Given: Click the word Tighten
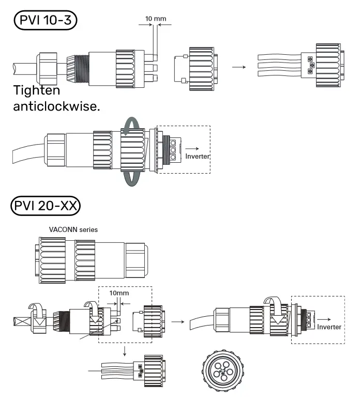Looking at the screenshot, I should (36, 90).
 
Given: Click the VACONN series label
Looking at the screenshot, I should (73, 229).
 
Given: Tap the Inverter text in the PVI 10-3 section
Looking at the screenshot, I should (198, 156).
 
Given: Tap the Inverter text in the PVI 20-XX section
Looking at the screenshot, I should (329, 327).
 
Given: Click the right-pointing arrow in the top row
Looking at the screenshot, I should (238, 67).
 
